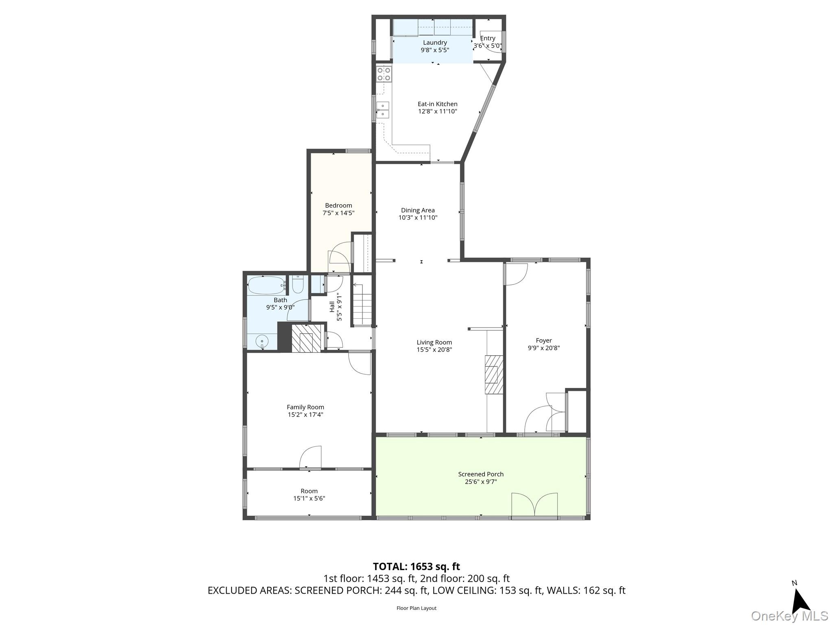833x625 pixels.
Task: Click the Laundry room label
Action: [x=435, y=43]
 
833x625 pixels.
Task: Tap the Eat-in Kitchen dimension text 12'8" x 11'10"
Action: [x=438, y=111]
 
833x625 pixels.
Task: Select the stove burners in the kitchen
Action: [x=384, y=74]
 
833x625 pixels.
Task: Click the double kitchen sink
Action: [x=383, y=110]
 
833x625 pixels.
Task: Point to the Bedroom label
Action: [x=338, y=205]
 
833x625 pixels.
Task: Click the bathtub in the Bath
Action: [x=266, y=286]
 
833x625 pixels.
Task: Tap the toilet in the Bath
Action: [x=298, y=285]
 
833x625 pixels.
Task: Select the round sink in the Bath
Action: [x=262, y=341]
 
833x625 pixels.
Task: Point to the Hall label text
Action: [x=332, y=307]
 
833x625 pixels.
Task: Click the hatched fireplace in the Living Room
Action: [x=493, y=374]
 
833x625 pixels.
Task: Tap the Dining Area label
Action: [x=418, y=210]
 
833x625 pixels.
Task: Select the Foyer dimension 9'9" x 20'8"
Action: [x=544, y=348]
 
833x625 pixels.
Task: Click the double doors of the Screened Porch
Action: [x=534, y=505]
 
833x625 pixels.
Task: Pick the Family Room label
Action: [x=305, y=407]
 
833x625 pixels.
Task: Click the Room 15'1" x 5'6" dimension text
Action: [x=309, y=498]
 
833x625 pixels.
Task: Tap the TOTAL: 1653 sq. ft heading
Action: [x=416, y=566]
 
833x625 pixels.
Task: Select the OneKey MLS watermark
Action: [x=789, y=616]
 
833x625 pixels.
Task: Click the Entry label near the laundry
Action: [x=488, y=38]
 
